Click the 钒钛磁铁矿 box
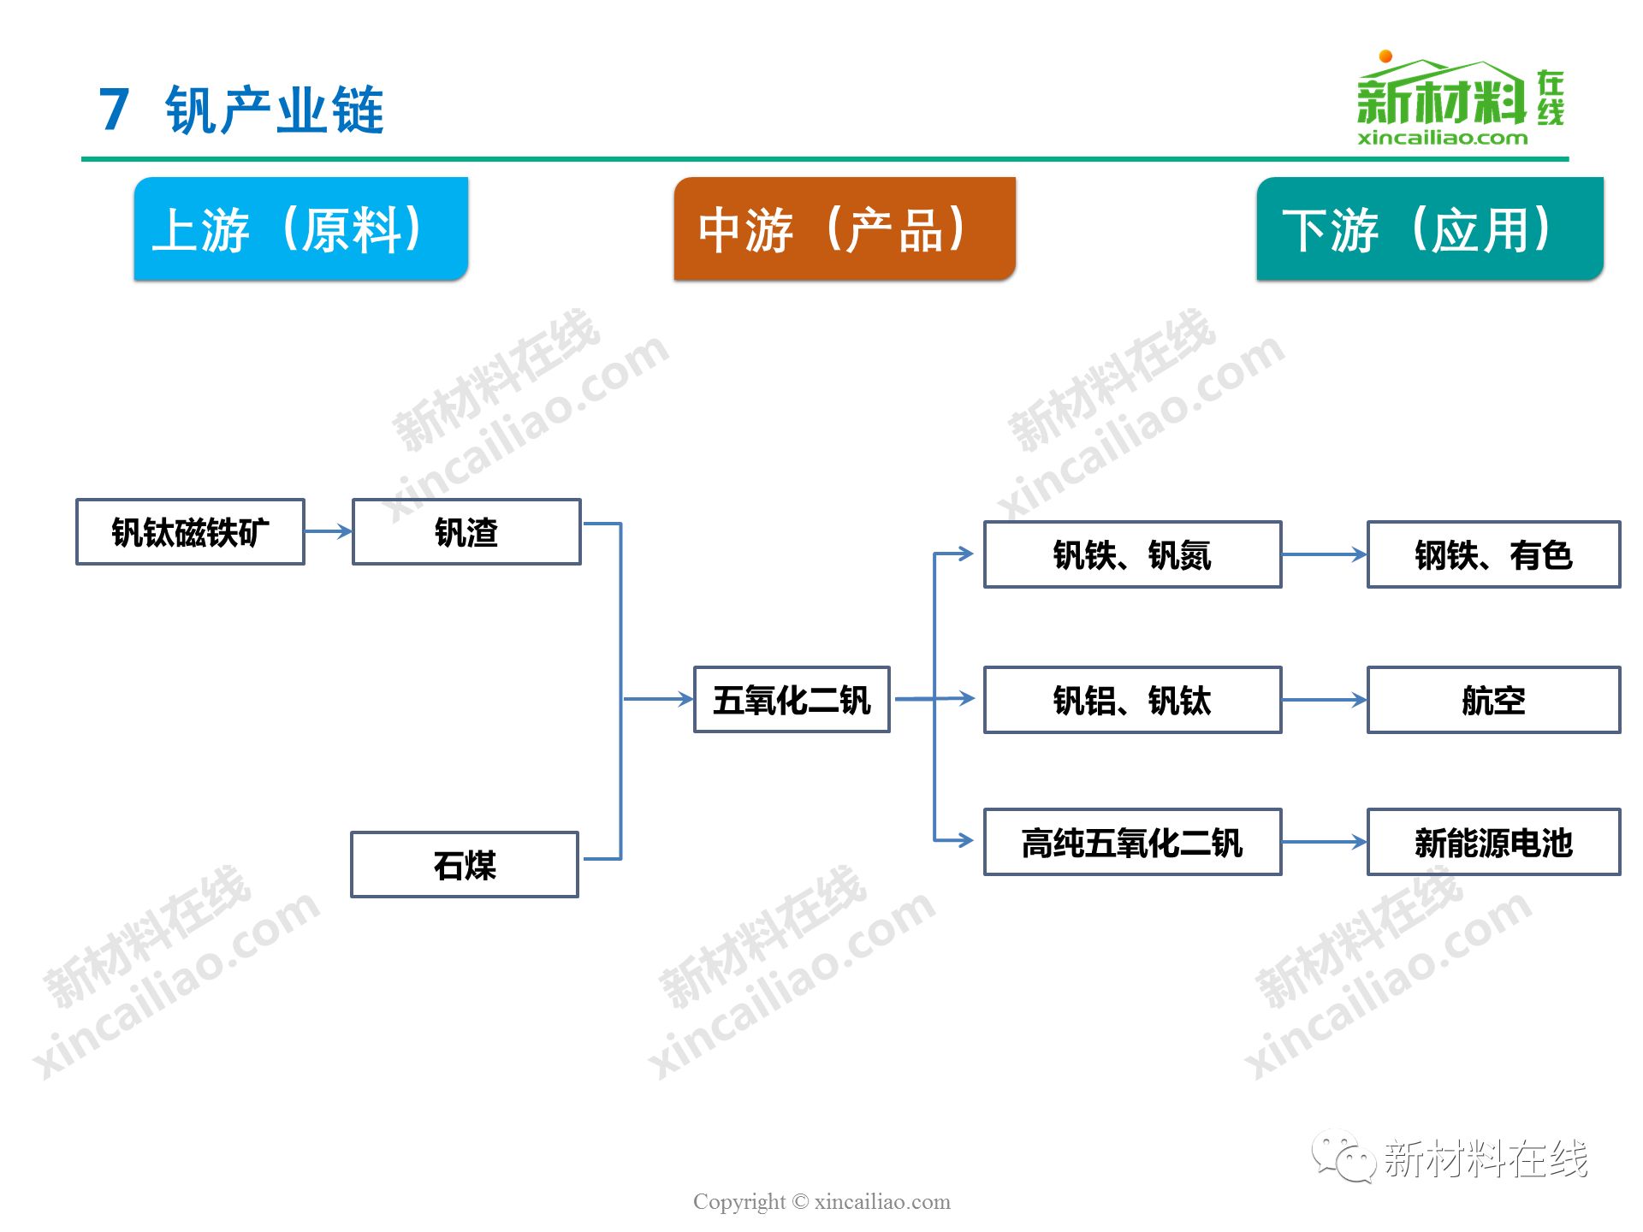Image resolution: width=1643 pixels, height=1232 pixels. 190,532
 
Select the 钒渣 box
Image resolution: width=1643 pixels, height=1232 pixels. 466,532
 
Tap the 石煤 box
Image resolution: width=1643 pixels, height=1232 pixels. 465,864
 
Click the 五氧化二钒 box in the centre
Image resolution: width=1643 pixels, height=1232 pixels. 792,700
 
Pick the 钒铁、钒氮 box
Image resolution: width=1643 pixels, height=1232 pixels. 1132,554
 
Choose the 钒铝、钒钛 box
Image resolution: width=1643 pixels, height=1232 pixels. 1132,700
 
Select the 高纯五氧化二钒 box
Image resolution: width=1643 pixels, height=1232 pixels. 1132,842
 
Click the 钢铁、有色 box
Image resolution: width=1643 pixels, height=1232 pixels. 1493,554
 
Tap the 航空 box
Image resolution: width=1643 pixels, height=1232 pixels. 1493,700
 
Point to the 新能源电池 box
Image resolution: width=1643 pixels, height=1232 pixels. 1493,842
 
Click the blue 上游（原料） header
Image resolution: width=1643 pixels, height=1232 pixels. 300,228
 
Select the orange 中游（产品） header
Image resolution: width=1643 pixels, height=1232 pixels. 845,228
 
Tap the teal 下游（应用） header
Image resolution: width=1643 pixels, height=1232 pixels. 1429,228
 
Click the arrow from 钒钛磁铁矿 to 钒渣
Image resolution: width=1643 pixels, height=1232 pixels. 329,531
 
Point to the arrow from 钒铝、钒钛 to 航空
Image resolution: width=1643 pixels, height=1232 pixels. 1325,700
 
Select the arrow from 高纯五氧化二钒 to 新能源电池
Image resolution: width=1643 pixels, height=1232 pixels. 1325,842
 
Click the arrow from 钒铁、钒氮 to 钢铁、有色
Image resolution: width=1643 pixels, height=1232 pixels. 1325,554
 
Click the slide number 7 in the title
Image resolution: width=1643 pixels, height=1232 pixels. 114,110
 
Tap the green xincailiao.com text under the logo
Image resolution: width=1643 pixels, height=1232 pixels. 1442,138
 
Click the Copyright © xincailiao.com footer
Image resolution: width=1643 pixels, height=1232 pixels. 821,1201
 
